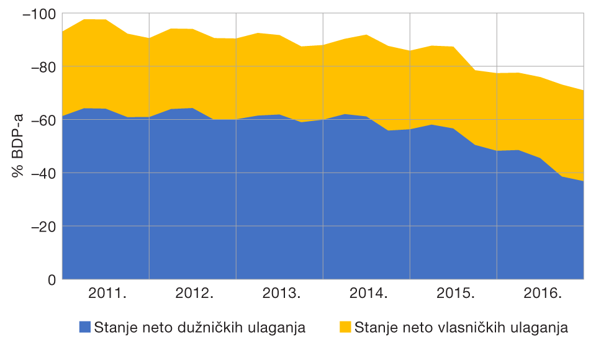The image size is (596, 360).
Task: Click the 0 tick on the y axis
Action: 52,279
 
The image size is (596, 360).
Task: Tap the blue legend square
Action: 85,326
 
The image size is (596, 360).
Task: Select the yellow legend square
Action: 346,326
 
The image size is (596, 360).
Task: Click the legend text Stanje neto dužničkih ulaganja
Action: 199,328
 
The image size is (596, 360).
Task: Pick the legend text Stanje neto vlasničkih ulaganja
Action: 461,328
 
